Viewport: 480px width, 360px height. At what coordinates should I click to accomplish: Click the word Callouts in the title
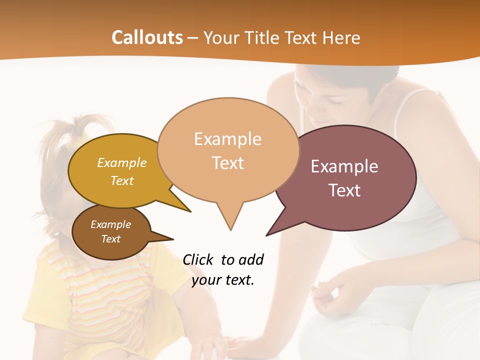tap(147, 37)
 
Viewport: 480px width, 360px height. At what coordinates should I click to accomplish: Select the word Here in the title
tap(342, 38)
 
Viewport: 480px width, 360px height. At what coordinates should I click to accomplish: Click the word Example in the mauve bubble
tap(344, 166)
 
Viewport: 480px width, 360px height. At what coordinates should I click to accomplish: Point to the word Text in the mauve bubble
tap(344, 190)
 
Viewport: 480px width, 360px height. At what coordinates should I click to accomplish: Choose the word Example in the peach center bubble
tap(227, 139)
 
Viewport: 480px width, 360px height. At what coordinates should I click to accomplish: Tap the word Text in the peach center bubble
tap(228, 162)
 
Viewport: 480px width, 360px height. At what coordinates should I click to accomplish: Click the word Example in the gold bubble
tap(122, 162)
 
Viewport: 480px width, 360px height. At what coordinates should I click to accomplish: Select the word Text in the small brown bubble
tap(111, 239)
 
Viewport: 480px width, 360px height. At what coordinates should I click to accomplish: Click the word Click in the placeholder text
tap(198, 259)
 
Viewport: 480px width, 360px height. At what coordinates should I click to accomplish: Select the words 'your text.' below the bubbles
tap(223, 280)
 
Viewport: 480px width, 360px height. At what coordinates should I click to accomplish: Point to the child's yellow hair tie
tap(80, 140)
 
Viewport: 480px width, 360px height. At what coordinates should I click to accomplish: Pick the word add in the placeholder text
tap(250, 259)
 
